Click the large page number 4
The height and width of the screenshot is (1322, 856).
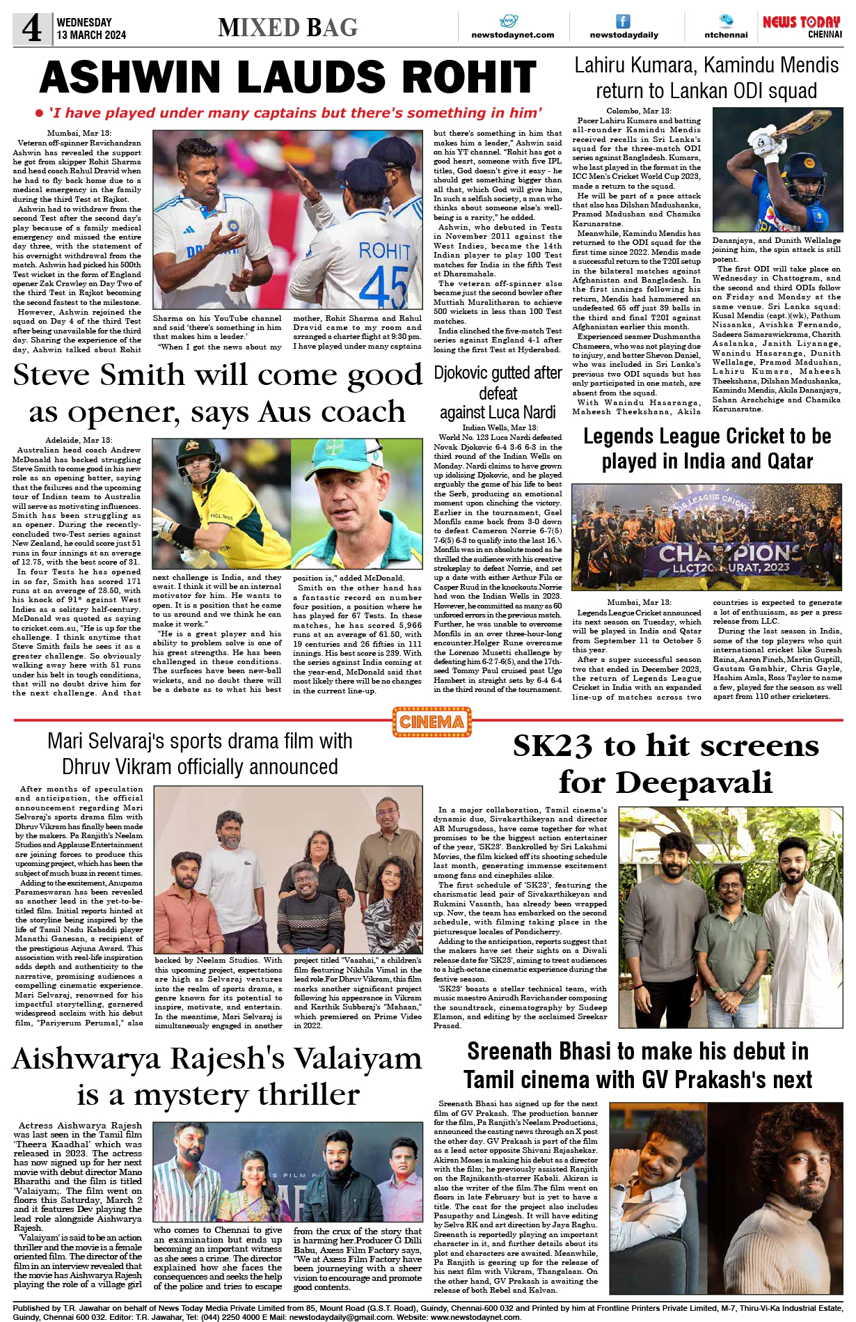pos(32,29)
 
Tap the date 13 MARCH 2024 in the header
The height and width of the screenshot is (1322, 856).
pos(91,35)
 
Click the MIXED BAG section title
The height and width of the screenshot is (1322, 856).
pos(287,28)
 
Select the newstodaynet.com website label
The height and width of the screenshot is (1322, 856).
pos(512,35)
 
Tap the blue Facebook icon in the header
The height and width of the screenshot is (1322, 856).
pos(623,22)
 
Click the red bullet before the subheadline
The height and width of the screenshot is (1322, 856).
pos(40,113)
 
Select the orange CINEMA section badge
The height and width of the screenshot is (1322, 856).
pos(431,721)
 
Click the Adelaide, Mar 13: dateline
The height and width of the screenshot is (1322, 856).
pos(78,440)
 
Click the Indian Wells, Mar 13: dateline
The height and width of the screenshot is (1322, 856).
pos(499,427)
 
